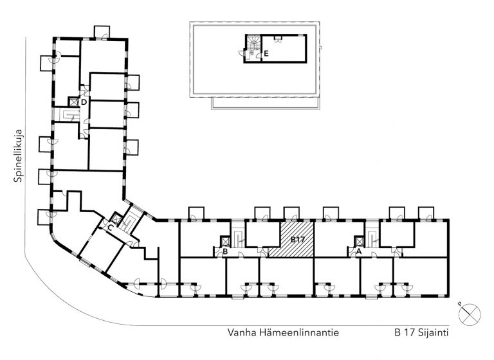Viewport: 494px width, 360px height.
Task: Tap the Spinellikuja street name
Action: [x=18, y=156]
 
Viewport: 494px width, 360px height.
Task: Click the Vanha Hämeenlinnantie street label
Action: [x=283, y=332]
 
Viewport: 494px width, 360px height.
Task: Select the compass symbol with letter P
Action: [x=470, y=314]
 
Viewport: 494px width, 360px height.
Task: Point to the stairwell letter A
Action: [x=358, y=251]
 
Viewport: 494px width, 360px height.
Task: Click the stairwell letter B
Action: [x=225, y=251]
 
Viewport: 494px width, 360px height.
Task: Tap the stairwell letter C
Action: [x=110, y=228]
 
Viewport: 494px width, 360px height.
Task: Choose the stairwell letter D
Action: [x=84, y=102]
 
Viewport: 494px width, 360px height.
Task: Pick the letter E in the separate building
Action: [x=266, y=54]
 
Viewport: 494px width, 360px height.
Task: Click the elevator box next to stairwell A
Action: [x=359, y=241]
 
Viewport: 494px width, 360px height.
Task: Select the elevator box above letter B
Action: [x=225, y=241]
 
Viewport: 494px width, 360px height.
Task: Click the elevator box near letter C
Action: [x=116, y=219]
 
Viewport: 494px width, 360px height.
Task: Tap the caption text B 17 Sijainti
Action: [x=421, y=332]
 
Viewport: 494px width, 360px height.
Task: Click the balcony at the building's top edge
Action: [x=102, y=32]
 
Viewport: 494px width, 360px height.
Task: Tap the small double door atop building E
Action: [x=278, y=39]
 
